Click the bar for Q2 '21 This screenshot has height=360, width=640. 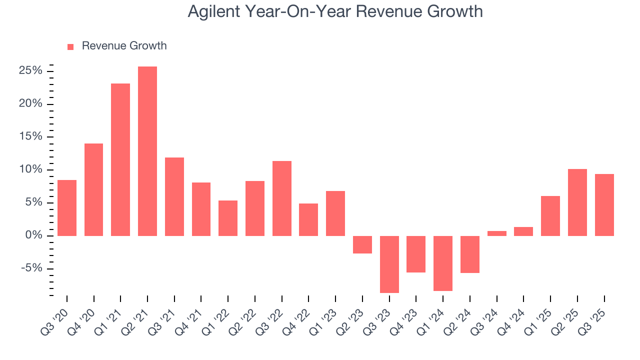tap(147, 151)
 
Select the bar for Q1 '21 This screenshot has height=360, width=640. tap(120, 159)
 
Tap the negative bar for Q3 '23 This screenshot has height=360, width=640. tap(389, 264)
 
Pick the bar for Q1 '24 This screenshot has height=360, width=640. tap(443, 263)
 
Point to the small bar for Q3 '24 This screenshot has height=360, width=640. tap(497, 233)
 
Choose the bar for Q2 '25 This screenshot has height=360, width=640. tap(577, 202)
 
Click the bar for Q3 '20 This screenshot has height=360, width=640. tap(67, 207)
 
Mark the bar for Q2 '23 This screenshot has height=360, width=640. tap(362, 244)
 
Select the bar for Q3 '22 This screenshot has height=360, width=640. tap(282, 198)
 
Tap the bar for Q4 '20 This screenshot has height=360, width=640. tap(93, 189)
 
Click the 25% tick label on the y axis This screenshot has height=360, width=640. tap(30, 71)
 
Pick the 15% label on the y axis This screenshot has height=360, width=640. tap(30, 137)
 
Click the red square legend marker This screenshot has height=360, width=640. tap(70, 46)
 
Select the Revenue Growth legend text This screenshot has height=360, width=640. tap(124, 46)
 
